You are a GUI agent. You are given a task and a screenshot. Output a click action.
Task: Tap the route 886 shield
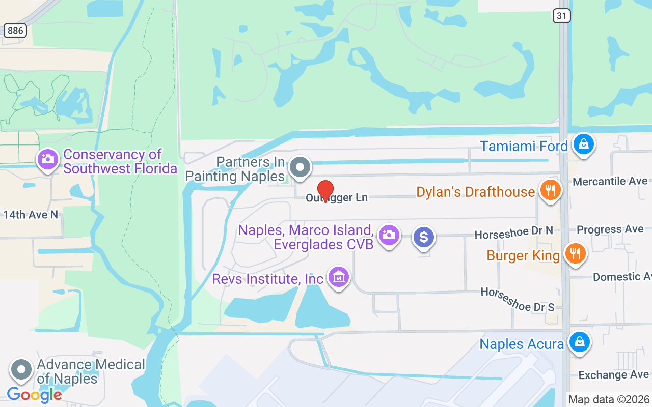(15, 31)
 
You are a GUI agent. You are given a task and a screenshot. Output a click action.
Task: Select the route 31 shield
(561, 16)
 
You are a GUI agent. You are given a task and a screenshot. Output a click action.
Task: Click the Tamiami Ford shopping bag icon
(583, 145)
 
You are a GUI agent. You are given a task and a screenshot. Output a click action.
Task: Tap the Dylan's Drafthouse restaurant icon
(550, 190)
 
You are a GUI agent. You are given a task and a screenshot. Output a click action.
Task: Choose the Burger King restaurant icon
(576, 253)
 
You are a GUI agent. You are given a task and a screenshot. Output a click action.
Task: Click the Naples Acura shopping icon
(579, 342)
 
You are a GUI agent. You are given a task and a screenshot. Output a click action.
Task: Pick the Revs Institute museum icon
(338, 277)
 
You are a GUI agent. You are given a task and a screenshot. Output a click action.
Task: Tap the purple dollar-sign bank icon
(423, 237)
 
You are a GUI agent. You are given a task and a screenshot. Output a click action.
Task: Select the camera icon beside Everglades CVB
(389, 236)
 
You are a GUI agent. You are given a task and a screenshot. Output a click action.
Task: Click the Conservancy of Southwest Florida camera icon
(47, 160)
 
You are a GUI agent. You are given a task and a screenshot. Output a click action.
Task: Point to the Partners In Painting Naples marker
(300, 167)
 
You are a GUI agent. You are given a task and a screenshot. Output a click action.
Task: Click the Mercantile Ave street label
(610, 181)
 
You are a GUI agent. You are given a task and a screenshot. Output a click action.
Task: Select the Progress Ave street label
(610, 229)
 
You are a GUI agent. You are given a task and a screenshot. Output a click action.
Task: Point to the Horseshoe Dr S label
(517, 300)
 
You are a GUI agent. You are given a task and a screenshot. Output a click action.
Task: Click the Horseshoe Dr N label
(513, 232)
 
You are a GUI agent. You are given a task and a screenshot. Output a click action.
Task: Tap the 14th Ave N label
(31, 215)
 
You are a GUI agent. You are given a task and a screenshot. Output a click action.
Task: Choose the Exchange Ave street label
(613, 375)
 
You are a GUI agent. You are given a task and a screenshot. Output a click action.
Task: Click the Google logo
(34, 394)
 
